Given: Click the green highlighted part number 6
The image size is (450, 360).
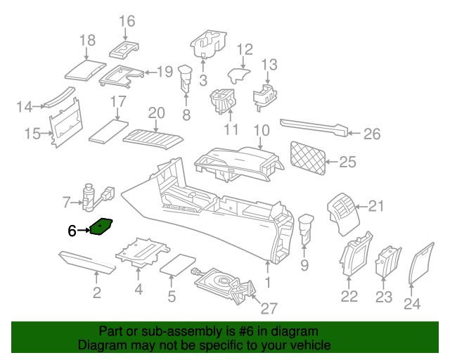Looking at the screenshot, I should (103, 226).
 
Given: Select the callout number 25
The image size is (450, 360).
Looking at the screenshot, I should (348, 162).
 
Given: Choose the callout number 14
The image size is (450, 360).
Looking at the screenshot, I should (25, 108).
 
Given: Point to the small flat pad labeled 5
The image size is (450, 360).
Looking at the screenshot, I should (179, 264).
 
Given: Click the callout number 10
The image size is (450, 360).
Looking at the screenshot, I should (262, 131).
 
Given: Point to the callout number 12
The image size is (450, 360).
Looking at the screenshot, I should (244, 49).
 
